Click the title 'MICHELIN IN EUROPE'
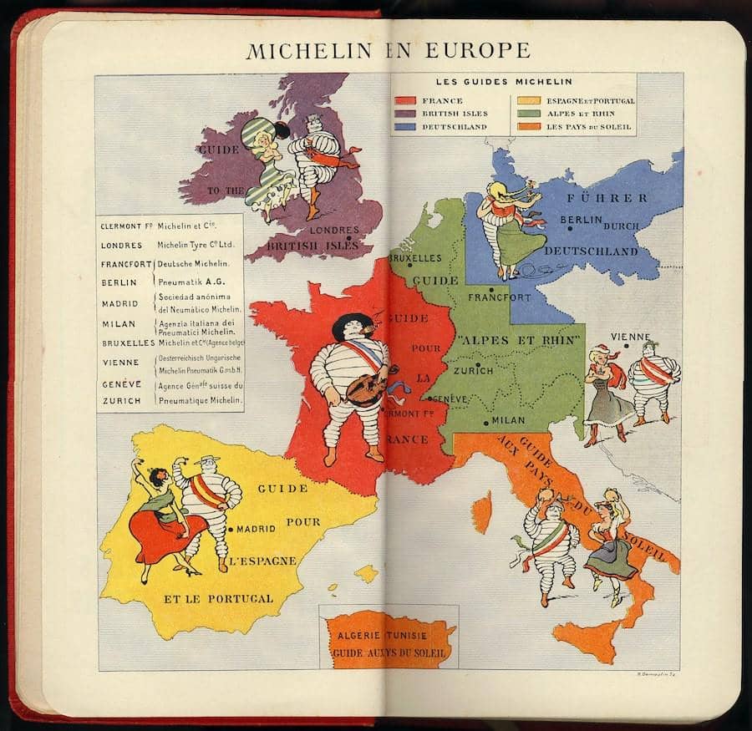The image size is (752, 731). [x=388, y=50]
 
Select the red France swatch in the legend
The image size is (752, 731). [x=407, y=101]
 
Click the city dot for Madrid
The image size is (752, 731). [x=230, y=529]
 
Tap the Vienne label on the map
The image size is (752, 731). [x=630, y=337]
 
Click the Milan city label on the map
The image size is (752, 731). [x=509, y=420]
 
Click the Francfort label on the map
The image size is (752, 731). [x=499, y=297]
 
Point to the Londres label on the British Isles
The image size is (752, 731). [x=333, y=230]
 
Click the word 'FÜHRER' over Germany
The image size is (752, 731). [x=607, y=198]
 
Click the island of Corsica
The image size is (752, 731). [x=481, y=511]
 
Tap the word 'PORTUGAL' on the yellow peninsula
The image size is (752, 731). [x=241, y=598]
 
